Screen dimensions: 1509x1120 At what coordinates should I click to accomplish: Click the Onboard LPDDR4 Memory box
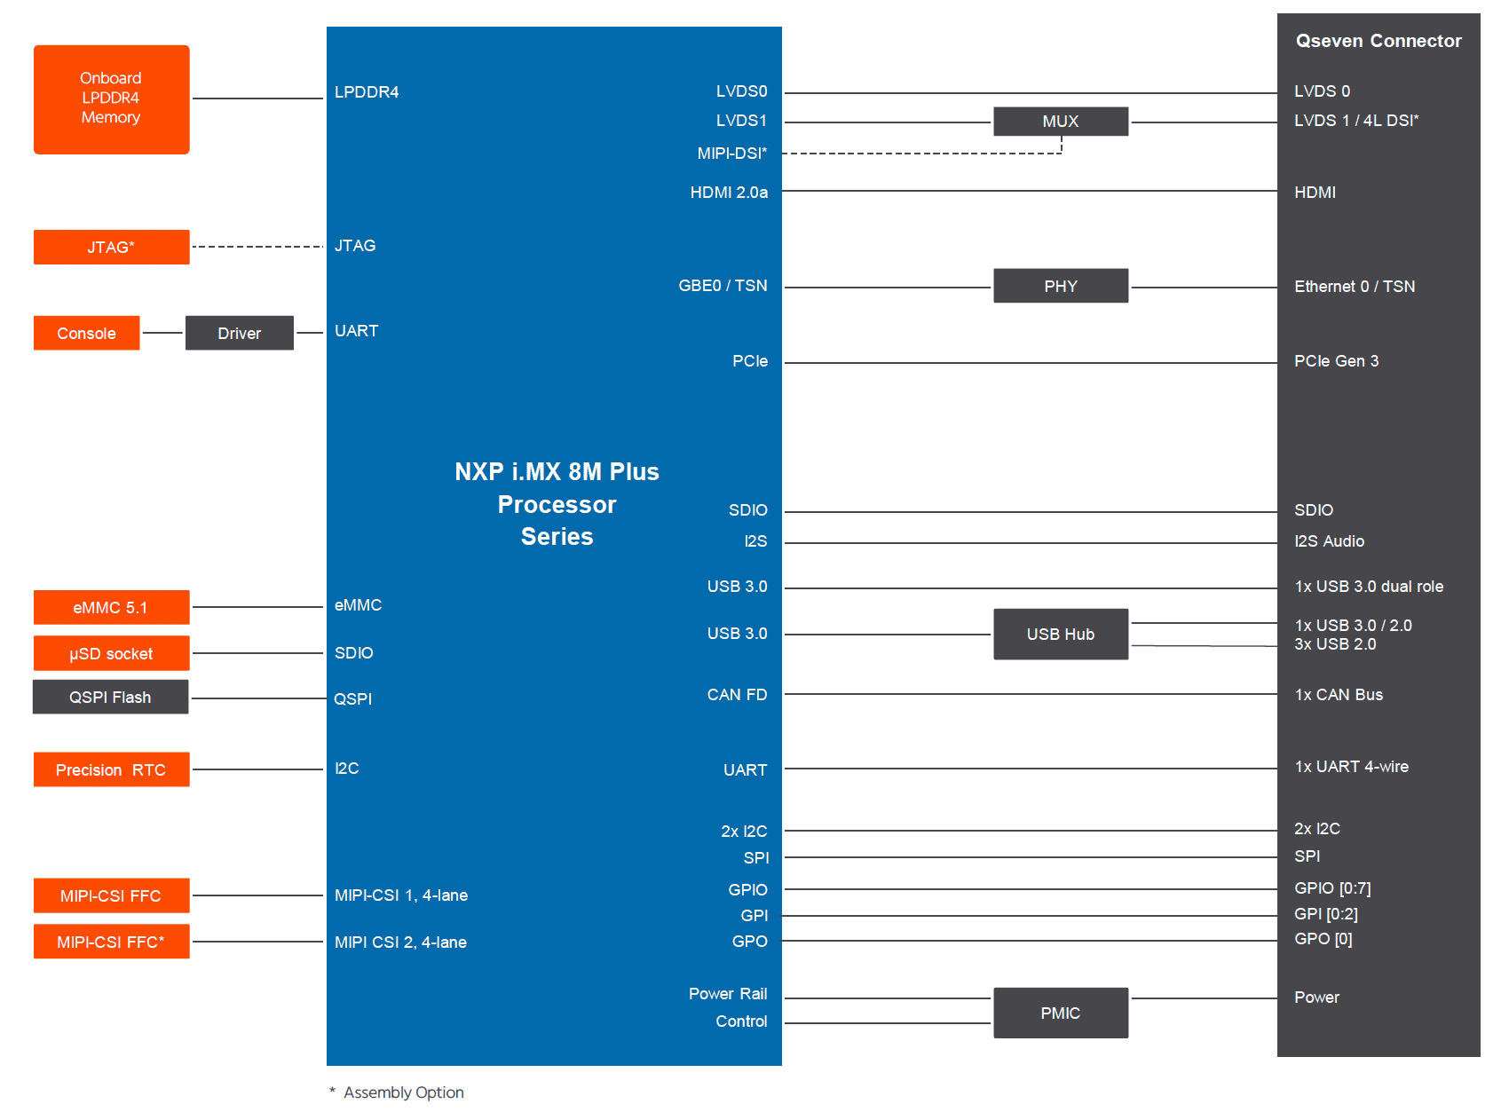pos(112,99)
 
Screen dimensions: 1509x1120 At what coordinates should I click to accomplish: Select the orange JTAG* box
pos(112,247)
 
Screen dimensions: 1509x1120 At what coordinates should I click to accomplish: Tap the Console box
pos(87,333)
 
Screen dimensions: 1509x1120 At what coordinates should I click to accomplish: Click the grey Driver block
pos(240,333)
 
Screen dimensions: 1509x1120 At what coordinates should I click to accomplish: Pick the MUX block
pos(1061,122)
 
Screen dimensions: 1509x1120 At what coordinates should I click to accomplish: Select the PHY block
pos(1061,286)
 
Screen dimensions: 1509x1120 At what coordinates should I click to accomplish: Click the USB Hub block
pos(1061,634)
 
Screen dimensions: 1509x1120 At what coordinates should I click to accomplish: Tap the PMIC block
pos(1061,1013)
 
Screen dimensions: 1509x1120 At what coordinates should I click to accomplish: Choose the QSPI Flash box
pos(111,697)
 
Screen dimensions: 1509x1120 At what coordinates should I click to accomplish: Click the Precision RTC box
pos(112,769)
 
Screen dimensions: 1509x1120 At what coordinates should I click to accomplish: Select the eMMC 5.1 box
pos(112,607)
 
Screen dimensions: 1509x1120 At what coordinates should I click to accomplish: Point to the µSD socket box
pos(112,653)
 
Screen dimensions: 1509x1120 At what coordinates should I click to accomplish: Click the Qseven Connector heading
pos(1379,41)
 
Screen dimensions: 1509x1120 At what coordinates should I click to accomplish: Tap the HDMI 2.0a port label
pos(729,193)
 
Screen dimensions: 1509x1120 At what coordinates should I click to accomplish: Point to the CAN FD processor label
pos(737,695)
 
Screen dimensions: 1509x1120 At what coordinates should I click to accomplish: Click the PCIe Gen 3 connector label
pos(1337,361)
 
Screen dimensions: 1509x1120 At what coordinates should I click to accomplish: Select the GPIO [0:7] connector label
pos(1332,888)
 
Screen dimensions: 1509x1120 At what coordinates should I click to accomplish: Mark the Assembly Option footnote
pos(397,1092)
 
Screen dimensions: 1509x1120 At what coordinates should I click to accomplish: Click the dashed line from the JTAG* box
pos(258,247)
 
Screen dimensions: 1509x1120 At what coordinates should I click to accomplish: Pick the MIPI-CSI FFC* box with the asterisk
pos(112,942)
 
